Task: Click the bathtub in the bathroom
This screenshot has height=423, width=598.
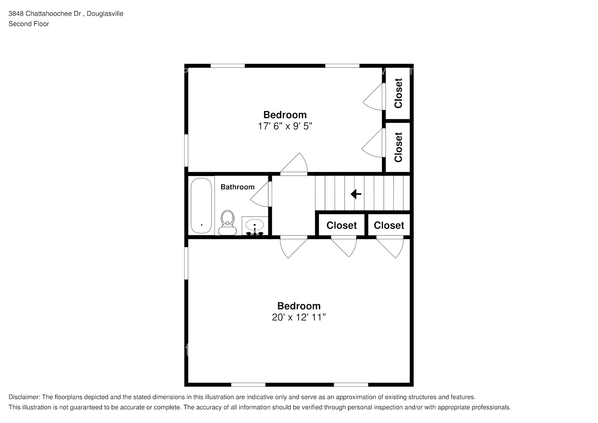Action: [x=201, y=206]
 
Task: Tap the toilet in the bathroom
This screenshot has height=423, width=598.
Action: [x=228, y=222]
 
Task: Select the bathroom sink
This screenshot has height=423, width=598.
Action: [x=255, y=226]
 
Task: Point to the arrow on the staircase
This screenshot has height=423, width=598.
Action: [x=356, y=194]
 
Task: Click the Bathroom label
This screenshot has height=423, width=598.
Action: [x=238, y=187]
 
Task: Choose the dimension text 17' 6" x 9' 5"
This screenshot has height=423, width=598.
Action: [x=285, y=126]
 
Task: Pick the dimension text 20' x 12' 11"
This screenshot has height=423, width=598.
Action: [x=299, y=317]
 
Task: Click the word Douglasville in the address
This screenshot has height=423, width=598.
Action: [x=105, y=14]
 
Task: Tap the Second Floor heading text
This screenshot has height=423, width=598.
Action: [x=29, y=24]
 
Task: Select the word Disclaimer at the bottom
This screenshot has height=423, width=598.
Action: [x=24, y=397]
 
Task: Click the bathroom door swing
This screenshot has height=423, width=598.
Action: [x=260, y=194]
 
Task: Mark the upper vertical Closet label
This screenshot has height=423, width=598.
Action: [x=398, y=93]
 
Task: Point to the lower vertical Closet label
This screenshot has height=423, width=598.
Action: [x=398, y=147]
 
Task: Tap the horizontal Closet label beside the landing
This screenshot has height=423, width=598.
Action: [x=341, y=225]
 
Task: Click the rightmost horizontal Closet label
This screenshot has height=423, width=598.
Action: [x=389, y=225]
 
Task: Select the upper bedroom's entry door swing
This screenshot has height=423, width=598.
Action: [x=294, y=164]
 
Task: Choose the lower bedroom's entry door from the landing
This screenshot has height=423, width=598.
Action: [x=294, y=247]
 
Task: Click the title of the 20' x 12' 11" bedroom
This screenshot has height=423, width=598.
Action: [x=299, y=306]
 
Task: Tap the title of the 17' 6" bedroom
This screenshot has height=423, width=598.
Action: [x=285, y=115]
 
